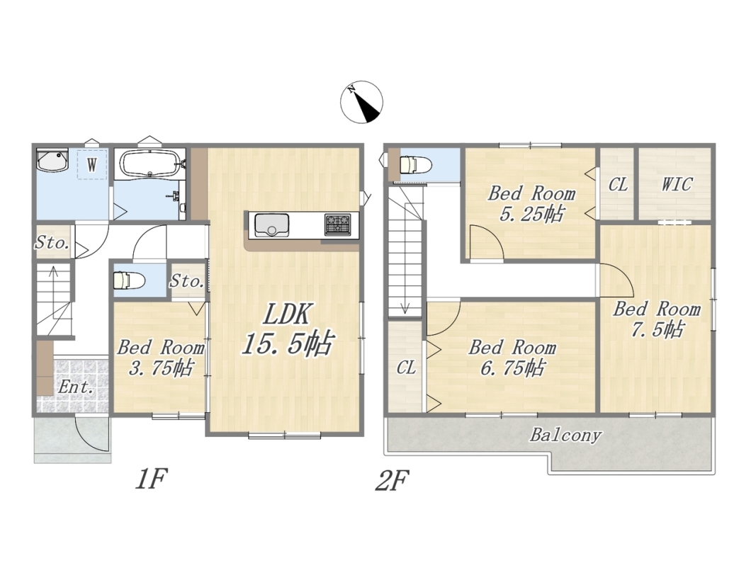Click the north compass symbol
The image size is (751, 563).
tap(361, 103)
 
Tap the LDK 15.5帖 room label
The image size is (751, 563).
tap(287, 329)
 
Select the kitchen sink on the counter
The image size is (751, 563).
tap(271, 225)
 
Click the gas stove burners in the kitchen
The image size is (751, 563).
tap(338, 224)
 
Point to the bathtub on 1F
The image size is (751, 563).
tap(150, 164)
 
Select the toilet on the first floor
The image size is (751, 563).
tap(129, 280)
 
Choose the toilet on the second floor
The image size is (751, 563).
tap(416, 165)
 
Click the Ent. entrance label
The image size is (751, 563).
tap(75, 387)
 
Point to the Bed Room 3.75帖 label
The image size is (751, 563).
tap(162, 357)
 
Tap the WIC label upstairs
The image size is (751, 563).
tap(677, 184)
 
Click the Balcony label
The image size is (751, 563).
tap(565, 436)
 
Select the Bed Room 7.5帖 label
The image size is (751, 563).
tap(657, 319)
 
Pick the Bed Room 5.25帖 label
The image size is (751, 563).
tap(531, 203)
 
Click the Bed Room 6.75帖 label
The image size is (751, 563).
tap(512, 357)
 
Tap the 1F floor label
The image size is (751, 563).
tap(151, 479)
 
